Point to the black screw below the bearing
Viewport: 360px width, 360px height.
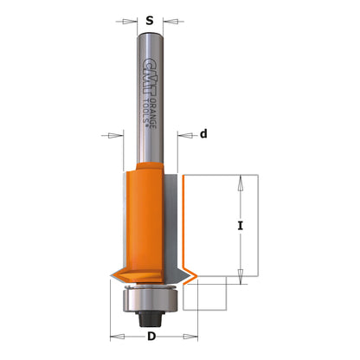(149, 317)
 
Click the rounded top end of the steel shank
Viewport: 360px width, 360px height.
(149, 35)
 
